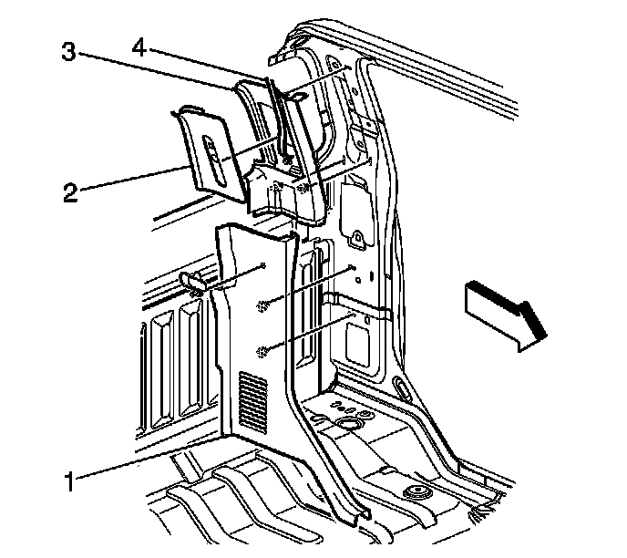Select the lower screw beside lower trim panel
[264, 351]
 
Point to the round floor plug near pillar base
[346, 425]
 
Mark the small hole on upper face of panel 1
[262, 265]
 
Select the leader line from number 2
[137, 179]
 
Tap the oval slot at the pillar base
[400, 390]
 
